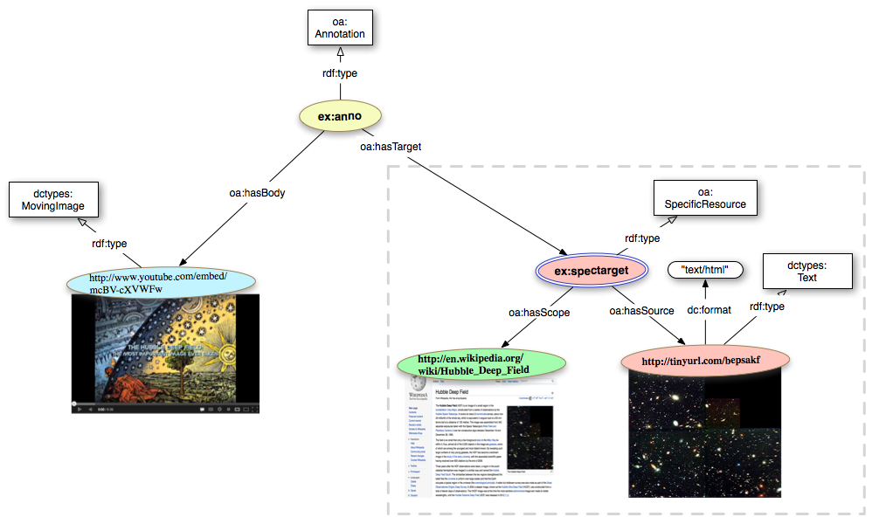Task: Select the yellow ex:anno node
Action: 341,115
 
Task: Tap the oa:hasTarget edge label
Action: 391,147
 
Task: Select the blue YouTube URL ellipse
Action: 158,282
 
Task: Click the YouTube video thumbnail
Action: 165,354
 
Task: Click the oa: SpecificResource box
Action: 705,199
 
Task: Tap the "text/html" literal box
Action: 704,270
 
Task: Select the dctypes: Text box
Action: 806,270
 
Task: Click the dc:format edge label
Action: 709,309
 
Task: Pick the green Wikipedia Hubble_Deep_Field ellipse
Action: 476,364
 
